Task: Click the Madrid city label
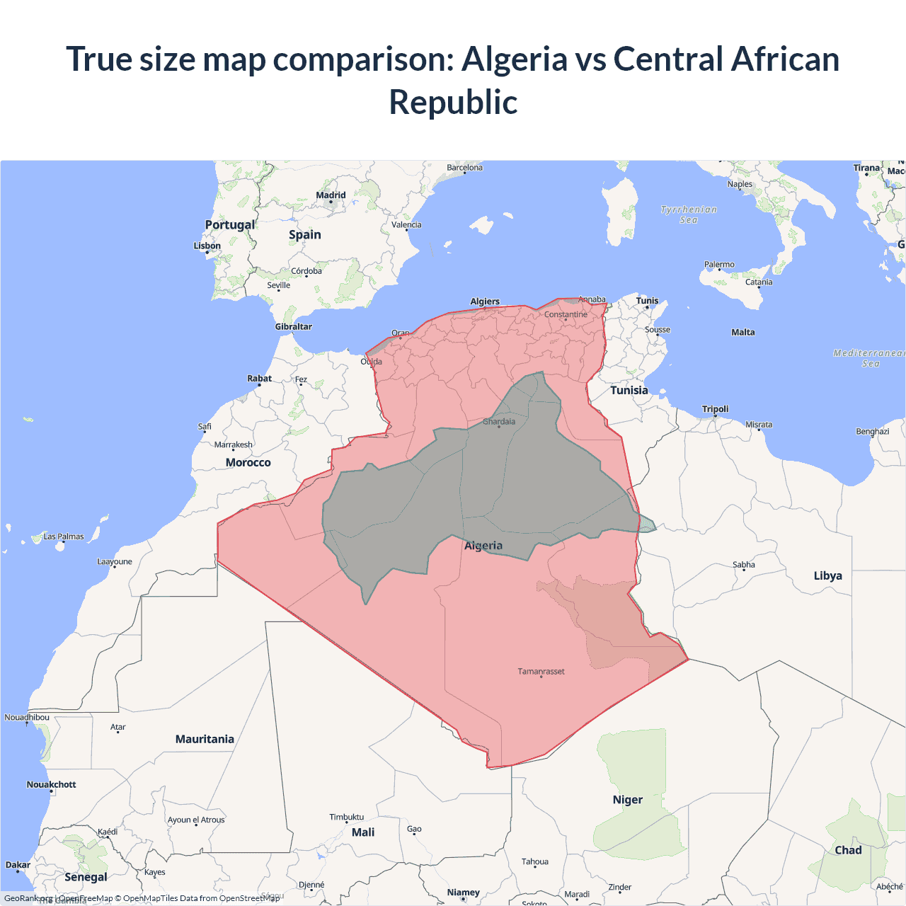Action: (x=331, y=195)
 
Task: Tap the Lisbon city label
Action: (x=207, y=246)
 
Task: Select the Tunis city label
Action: (x=647, y=301)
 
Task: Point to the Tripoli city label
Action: (x=715, y=409)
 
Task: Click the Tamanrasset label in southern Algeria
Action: (x=541, y=671)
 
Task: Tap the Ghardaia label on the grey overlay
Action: (x=499, y=421)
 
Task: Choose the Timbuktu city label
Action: (x=346, y=817)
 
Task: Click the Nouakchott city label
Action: (x=51, y=784)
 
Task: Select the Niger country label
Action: (x=627, y=800)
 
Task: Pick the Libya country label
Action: (x=827, y=575)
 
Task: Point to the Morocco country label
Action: (x=248, y=462)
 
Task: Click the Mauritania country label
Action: (x=205, y=739)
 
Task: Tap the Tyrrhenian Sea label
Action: (x=689, y=214)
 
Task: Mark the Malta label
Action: (x=742, y=332)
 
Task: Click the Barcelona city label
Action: (x=464, y=168)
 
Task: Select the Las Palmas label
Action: (x=64, y=537)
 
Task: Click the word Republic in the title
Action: (x=453, y=102)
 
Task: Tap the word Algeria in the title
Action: (x=515, y=59)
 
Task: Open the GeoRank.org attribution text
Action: (x=28, y=898)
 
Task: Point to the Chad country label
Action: (x=848, y=850)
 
